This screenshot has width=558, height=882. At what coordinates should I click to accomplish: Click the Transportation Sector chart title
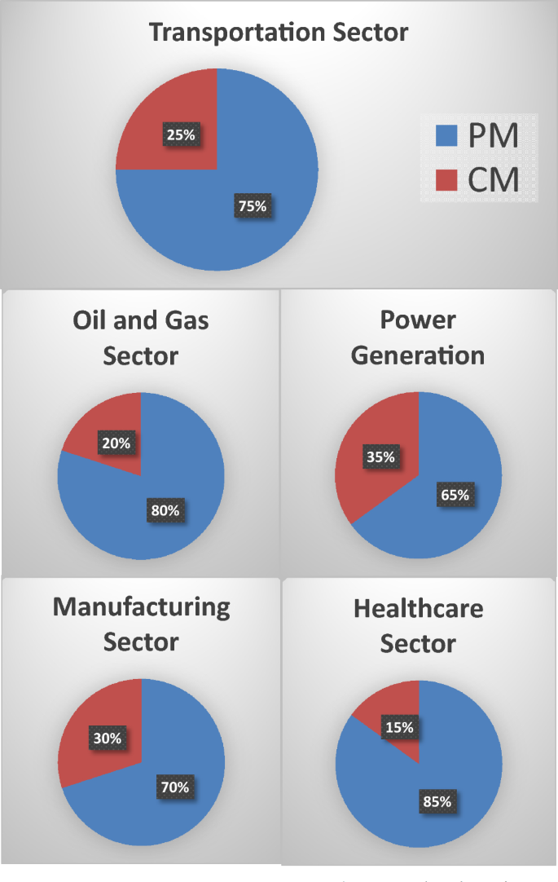click(279, 33)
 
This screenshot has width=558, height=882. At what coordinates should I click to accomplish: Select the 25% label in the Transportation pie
click(180, 135)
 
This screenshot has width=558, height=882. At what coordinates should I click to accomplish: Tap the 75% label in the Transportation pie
click(252, 206)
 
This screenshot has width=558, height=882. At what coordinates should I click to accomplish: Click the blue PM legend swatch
click(445, 135)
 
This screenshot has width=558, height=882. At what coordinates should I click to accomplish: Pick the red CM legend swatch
click(445, 179)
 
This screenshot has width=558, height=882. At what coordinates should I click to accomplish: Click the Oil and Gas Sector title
click(140, 337)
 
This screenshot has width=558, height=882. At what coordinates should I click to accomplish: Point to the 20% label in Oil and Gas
click(116, 443)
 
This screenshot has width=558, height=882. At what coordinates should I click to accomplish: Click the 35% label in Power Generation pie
click(380, 457)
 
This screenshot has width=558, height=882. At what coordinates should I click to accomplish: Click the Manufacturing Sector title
click(141, 624)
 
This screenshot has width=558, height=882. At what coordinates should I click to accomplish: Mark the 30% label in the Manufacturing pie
click(106, 739)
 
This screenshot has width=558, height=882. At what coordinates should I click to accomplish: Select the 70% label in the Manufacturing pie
click(174, 787)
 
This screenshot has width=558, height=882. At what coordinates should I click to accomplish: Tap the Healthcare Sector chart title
click(419, 625)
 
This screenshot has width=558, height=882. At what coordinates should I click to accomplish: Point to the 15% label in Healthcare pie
click(398, 726)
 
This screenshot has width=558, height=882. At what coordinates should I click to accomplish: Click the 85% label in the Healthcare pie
click(437, 801)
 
